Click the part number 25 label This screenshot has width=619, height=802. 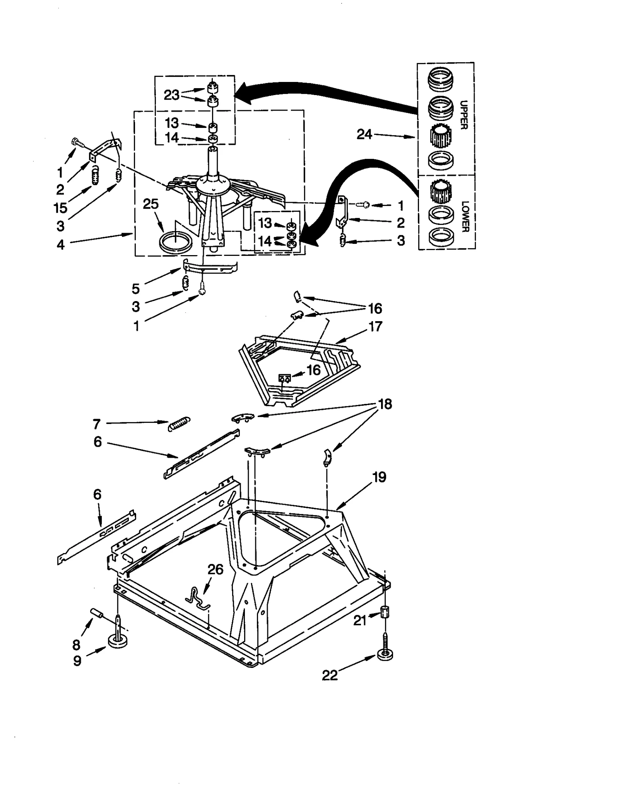pos(150,204)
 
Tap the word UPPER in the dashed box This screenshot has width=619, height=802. pos(464,115)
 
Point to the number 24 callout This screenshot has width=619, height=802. pos(364,135)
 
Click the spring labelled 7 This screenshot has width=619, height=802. pos(180,424)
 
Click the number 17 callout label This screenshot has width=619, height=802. pos(375,326)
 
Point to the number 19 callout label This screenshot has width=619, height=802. pos(379,477)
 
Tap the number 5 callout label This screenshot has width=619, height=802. pos(135,288)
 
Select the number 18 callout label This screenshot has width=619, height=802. pos(385,404)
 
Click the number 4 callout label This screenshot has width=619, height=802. pos(60,244)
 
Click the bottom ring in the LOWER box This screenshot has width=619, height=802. pos(441,236)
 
